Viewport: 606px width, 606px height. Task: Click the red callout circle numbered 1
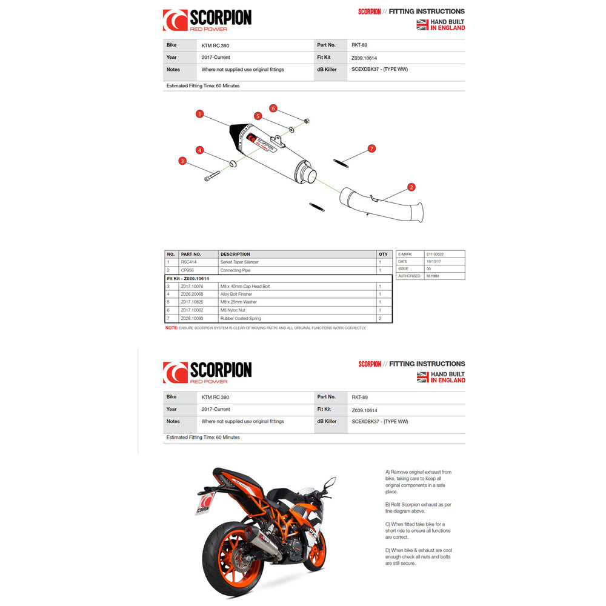199,113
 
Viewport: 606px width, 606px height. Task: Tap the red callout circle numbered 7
372,148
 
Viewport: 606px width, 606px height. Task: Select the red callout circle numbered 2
411,187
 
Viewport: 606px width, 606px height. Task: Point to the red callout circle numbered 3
182,161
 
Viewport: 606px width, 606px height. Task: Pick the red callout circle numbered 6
273,108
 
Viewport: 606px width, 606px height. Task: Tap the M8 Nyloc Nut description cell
233,310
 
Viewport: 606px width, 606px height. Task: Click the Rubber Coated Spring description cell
239,318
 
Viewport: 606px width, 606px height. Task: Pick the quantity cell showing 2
380,318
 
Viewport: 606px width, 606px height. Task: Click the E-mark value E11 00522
435,253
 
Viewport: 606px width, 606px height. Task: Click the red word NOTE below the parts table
171,328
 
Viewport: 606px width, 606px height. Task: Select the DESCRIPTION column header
235,254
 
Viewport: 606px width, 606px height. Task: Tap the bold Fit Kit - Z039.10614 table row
191,278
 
